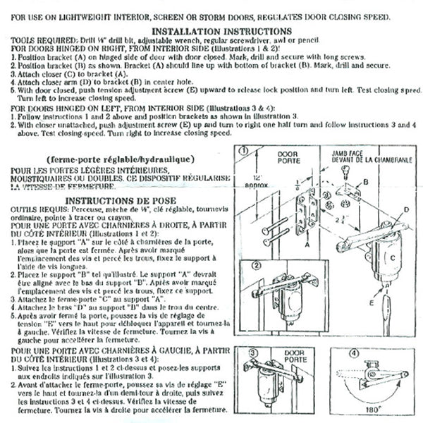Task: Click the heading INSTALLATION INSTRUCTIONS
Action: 211,31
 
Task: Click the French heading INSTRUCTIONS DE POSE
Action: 120,200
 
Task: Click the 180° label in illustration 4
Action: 383,407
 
